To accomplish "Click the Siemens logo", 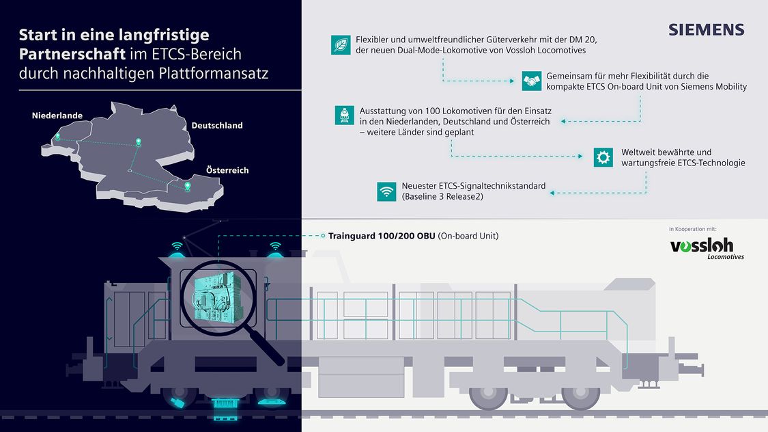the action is coord(707,30).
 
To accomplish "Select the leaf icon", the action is coord(341,44).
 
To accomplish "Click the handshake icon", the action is coord(531,81).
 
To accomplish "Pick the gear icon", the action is coord(603,157).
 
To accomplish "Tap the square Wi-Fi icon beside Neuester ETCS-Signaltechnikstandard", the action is coord(386,191).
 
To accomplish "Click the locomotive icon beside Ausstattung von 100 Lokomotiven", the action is coord(344,116).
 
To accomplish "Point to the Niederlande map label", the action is coord(57,116).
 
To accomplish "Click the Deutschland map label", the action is coord(217,126).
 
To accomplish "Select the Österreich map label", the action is coord(227,170).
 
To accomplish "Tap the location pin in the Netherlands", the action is coord(58,136).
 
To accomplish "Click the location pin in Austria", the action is coord(187,187).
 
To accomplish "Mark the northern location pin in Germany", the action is coord(139,142).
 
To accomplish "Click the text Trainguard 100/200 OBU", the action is coord(382,236).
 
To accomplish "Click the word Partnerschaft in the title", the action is coord(72,54).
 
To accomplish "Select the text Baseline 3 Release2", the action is coord(443,197).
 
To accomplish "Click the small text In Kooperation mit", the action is coord(693,229).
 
